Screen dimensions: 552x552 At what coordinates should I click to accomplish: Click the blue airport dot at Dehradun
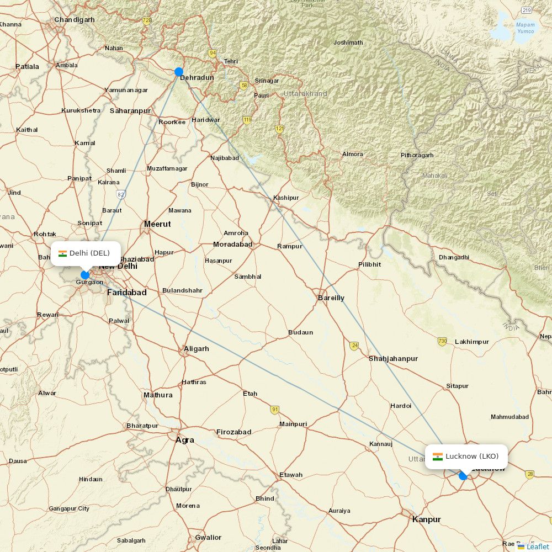click(179, 72)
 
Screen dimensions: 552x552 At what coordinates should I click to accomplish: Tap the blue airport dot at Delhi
click(85, 275)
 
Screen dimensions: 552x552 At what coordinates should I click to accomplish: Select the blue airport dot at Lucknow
click(463, 476)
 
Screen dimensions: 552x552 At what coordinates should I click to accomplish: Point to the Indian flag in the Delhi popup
click(62, 253)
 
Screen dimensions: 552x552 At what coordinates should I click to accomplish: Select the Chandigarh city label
click(74, 20)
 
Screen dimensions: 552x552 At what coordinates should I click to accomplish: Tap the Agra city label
click(184, 440)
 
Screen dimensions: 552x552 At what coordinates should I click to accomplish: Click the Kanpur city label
click(426, 519)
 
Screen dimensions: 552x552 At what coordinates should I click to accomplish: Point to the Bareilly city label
click(331, 298)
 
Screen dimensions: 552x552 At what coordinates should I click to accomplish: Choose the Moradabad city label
click(232, 244)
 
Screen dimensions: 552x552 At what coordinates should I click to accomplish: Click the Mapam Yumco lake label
click(525, 28)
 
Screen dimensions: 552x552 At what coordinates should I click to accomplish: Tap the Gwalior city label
click(208, 537)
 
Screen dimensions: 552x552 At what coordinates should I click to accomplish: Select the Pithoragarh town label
click(417, 155)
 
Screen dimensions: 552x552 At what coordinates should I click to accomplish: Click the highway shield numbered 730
click(442, 341)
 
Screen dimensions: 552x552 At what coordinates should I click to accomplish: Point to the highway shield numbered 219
click(527, 10)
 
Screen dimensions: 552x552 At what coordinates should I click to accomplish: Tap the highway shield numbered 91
click(275, 409)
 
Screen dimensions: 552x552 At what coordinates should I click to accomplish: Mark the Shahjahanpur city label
click(393, 359)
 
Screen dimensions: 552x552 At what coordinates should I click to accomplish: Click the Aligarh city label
click(196, 349)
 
